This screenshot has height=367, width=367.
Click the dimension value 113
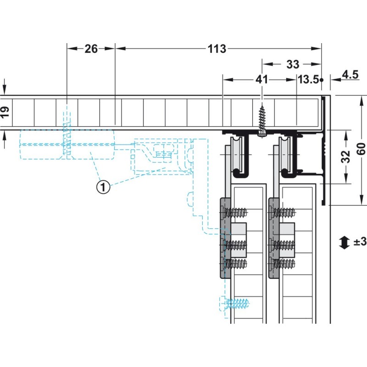click(217, 49)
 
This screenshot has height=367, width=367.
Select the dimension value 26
click(91, 49)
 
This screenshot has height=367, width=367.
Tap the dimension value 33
click(293, 64)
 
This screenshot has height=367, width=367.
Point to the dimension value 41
click(261, 79)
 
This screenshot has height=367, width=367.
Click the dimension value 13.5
click(308, 79)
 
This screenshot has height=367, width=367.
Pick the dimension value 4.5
click(350, 75)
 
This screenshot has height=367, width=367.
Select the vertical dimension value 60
click(361, 149)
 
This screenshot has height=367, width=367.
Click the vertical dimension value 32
click(346, 156)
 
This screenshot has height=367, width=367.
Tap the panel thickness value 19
click(5, 112)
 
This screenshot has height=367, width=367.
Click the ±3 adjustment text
click(360, 242)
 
